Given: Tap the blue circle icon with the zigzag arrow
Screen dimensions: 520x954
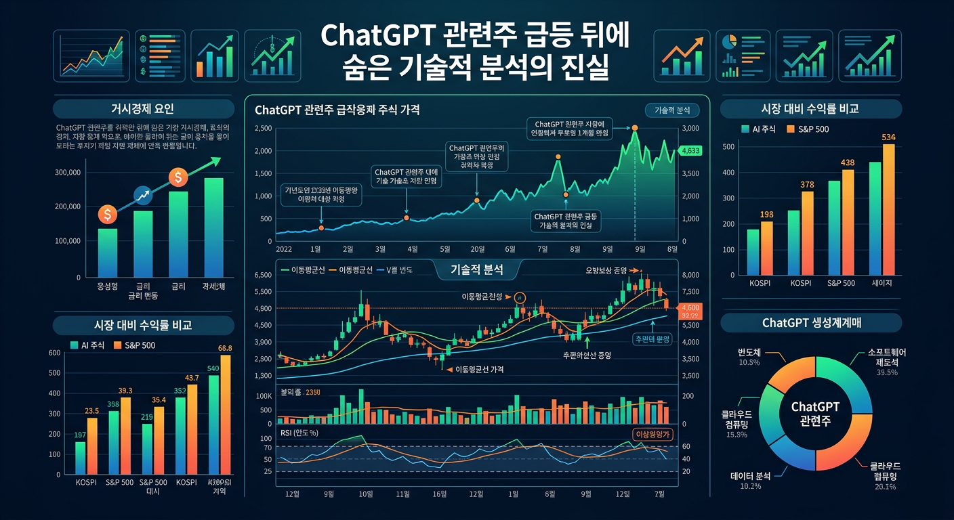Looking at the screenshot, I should (x=143, y=195).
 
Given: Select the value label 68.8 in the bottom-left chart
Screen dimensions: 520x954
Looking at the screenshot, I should (x=225, y=348).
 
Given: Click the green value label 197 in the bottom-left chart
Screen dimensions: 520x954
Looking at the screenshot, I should (x=80, y=435).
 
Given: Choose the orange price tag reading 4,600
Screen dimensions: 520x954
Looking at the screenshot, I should (x=693, y=308).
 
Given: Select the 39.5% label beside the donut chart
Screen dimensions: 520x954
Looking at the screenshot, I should (x=887, y=372).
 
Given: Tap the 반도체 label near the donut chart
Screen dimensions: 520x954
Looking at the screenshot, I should (x=751, y=353).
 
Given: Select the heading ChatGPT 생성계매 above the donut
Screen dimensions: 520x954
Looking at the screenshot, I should (x=810, y=322).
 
